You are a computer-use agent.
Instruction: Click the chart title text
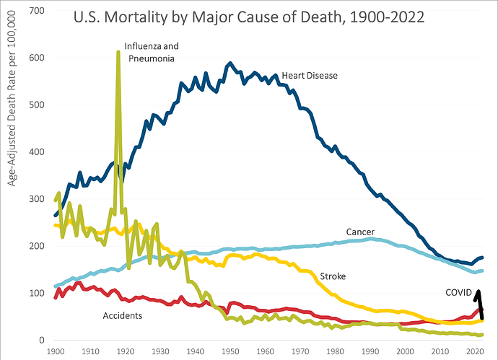[249, 17]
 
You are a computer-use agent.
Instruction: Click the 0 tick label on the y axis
[42, 341]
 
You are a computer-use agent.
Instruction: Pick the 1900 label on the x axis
[55, 351]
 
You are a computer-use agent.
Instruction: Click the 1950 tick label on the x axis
[230, 351]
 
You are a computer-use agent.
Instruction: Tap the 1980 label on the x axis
[335, 351]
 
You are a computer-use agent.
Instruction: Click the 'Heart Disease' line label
[310, 75]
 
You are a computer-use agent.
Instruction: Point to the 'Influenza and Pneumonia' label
[152, 51]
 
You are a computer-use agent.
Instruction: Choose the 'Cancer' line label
[360, 232]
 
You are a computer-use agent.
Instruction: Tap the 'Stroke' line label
[332, 276]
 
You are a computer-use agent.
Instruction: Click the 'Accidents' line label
[123, 315]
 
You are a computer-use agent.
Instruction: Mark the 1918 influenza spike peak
[118, 52]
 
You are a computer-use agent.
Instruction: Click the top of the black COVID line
[478, 291]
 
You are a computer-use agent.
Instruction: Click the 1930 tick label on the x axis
[160, 351]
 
